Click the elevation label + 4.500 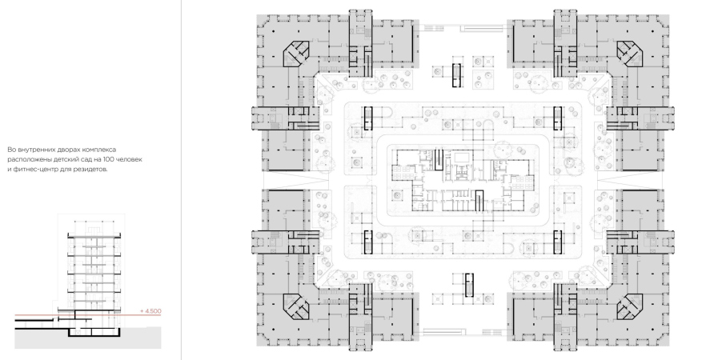click(150, 311)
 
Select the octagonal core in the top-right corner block click(631, 53)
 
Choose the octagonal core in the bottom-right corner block click(631, 306)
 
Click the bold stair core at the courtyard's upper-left click(368, 118)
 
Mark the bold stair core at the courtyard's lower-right click(558, 242)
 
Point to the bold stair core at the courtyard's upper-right click(558, 118)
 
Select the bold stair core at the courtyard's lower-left click(368, 242)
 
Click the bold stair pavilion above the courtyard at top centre click(456, 75)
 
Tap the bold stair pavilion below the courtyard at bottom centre click(469, 285)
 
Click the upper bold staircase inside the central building click(439, 160)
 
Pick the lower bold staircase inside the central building click(479, 201)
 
